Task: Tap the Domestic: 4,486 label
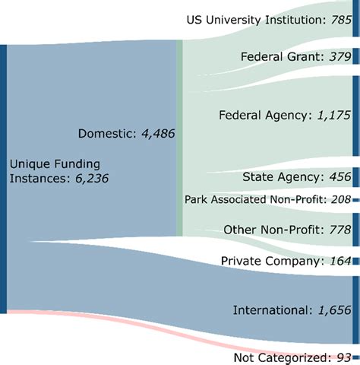click(126, 134)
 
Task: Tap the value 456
click(338, 177)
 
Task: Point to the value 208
click(339, 199)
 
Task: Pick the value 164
click(338, 261)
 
